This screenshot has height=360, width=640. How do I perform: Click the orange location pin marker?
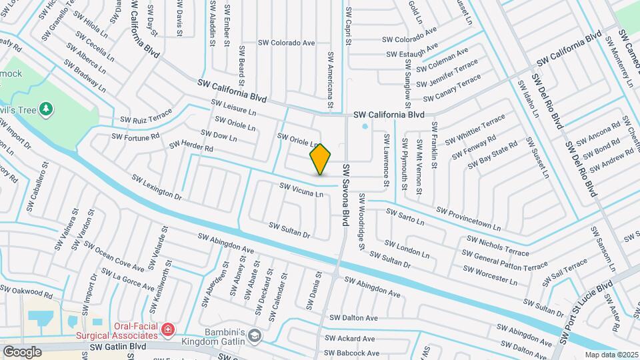pos(320,159)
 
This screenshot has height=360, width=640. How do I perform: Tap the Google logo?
pos(22,351)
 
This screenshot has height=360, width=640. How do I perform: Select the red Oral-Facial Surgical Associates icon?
pos(168,329)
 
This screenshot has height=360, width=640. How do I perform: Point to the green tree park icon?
pos(46,109)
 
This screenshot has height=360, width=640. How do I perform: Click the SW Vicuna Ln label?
pos(301,190)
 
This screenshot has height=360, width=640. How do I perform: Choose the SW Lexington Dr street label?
pos(157,187)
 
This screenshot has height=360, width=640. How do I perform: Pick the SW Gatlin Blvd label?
pos(118,347)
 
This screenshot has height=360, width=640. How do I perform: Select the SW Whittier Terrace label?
pos(477,128)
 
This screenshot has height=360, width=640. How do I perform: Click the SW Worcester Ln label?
pos(489,275)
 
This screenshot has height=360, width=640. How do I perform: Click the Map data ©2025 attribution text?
pos(611,355)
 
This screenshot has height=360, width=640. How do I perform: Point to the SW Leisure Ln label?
pos(233,108)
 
